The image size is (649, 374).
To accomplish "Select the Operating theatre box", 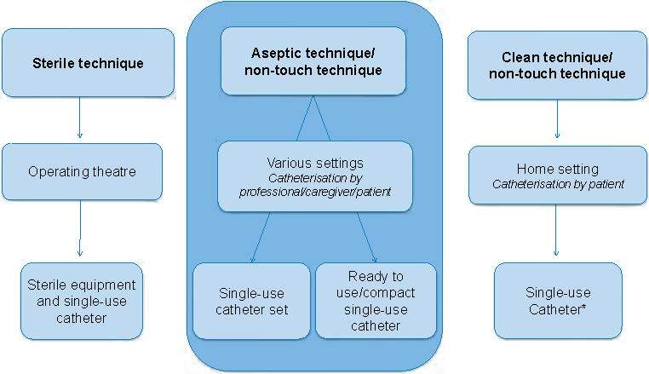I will coord(83,171).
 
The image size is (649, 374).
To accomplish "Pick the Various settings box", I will coord(314,176).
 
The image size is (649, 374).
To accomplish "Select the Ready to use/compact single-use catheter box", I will coord(376,300).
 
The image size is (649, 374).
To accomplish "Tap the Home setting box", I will coord(558,175).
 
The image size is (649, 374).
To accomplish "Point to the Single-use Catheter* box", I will coord(558,299).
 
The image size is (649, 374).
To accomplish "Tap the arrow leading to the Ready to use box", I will coord(367,237).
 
